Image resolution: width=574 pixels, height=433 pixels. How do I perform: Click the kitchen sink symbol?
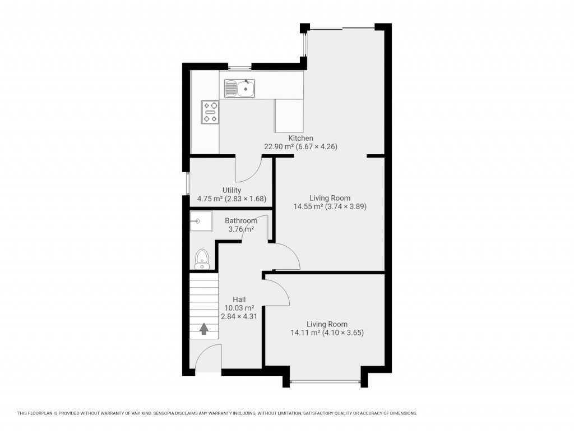point(240,89)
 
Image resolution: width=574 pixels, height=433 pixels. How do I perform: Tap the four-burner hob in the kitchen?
point(210,112)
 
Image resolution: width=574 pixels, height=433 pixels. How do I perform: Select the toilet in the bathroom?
point(202,259)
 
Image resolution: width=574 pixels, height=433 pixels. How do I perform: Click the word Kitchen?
point(300,138)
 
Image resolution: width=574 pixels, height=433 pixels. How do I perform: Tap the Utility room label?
point(232,191)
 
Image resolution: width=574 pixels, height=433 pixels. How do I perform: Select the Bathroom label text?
point(241,221)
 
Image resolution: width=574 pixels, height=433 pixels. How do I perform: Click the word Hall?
point(239,300)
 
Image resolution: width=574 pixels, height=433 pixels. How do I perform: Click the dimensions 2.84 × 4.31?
point(239,316)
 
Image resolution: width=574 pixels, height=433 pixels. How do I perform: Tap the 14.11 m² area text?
point(304,333)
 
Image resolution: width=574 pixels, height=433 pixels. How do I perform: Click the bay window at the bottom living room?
point(325,383)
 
